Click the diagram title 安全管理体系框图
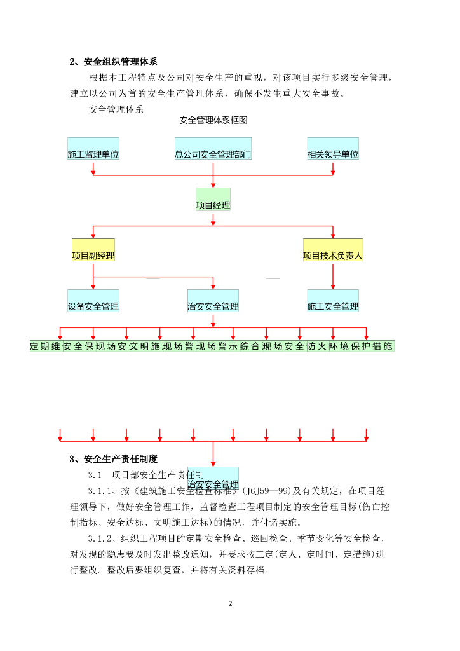tap(213, 120)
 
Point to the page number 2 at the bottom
tap(230, 603)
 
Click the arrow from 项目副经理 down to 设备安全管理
tap(93, 277)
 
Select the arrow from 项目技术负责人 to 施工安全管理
tap(333, 277)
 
